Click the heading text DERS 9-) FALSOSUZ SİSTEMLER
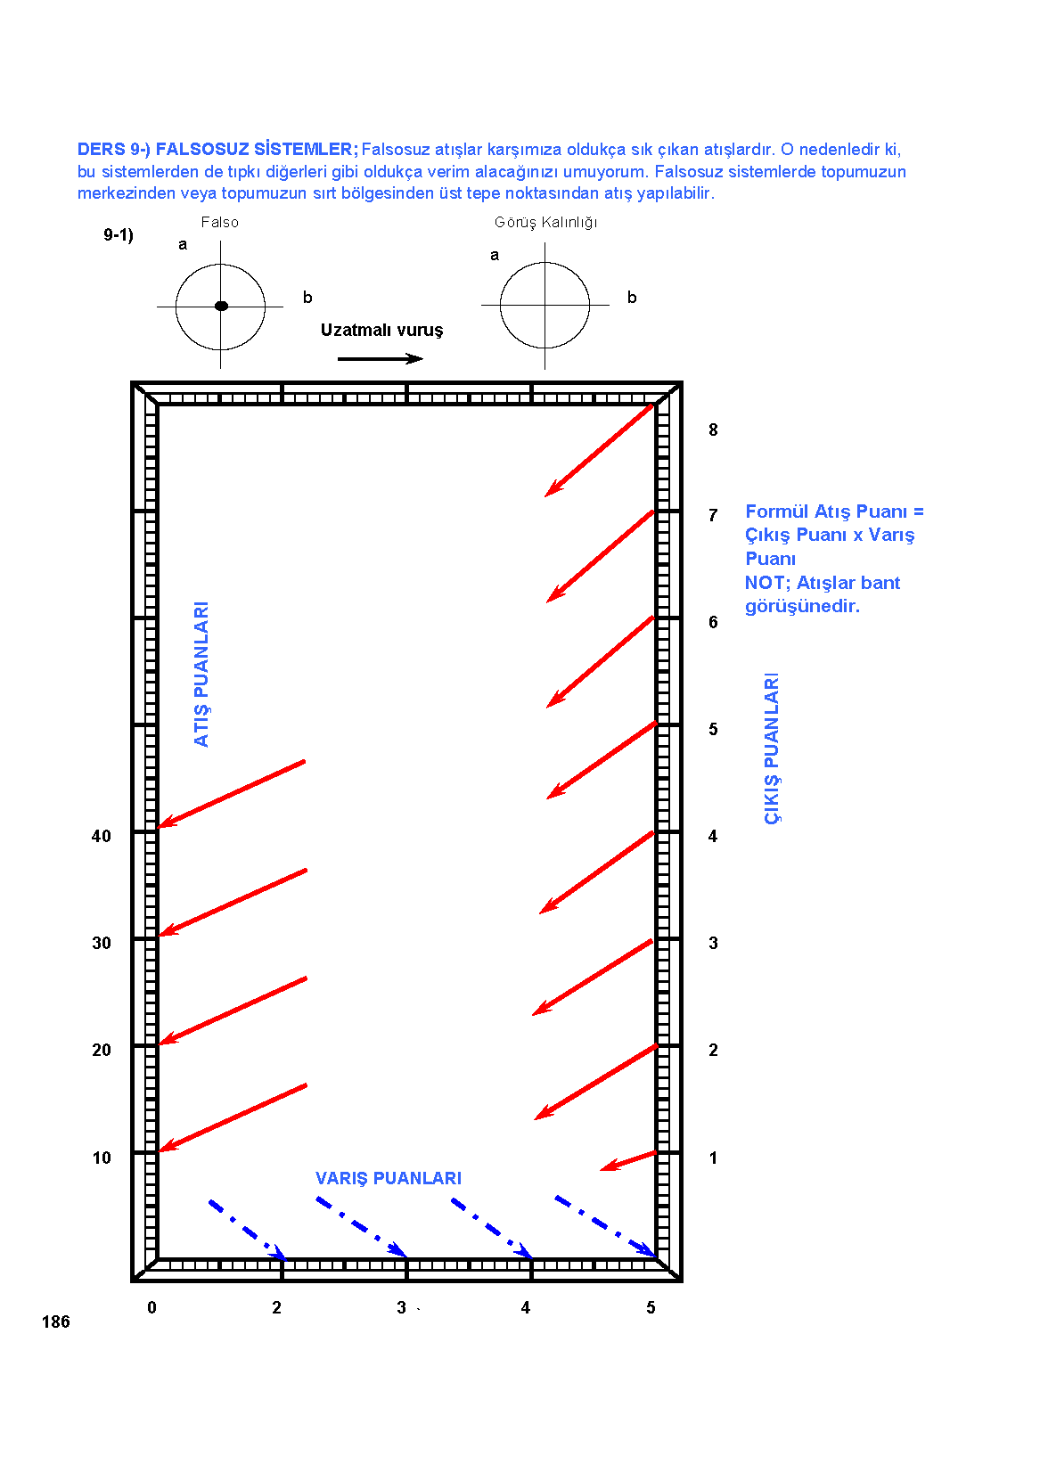click(x=217, y=150)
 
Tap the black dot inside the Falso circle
click(x=222, y=306)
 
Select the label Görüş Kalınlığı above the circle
click(x=546, y=223)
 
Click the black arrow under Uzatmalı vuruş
click(x=381, y=358)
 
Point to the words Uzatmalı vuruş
click(x=381, y=330)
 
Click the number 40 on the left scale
click(x=102, y=836)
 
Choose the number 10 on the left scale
click(x=102, y=1158)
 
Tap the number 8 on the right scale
click(x=713, y=430)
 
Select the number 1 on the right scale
click(x=713, y=1158)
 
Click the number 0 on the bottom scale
click(x=152, y=1307)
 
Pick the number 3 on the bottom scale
click(x=401, y=1307)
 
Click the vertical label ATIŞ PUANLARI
click(x=201, y=674)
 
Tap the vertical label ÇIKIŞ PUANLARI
click(x=772, y=749)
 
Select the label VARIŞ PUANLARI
click(x=389, y=1178)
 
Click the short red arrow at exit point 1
click(x=628, y=1160)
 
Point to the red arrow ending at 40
click(x=232, y=794)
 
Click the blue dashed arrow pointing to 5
click(x=606, y=1226)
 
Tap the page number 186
click(x=56, y=1322)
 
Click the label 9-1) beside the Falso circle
click(x=119, y=234)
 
